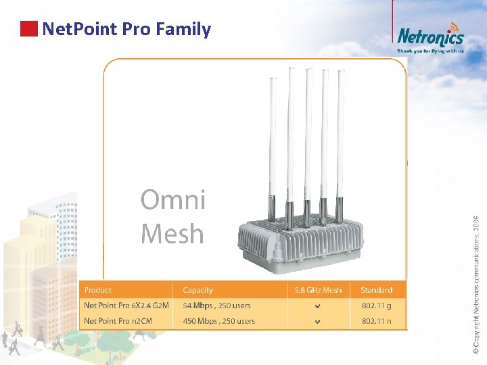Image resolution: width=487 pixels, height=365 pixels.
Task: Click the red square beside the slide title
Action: point(28,28)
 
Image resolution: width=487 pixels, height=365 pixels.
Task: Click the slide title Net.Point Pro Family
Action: point(126,29)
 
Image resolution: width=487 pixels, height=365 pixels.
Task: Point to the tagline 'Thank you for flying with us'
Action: point(430,51)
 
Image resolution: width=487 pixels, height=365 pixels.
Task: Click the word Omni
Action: point(172,200)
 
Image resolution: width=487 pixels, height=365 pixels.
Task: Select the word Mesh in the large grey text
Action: point(172,234)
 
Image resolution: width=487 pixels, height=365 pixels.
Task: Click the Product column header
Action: point(98,290)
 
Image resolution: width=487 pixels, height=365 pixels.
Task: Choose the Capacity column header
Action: point(198,290)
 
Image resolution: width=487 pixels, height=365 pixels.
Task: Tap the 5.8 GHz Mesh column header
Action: point(318,290)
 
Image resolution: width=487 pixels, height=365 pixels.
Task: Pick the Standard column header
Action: point(376,290)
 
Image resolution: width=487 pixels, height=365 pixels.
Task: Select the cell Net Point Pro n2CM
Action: point(118,321)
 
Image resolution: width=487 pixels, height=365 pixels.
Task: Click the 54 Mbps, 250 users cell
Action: point(216,306)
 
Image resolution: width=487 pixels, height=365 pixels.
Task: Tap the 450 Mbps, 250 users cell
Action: point(218,321)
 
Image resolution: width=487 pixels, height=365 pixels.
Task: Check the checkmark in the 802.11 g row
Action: point(318,306)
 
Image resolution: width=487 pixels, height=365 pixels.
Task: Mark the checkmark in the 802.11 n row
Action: point(318,322)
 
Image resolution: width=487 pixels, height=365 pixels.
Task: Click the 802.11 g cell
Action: point(376,306)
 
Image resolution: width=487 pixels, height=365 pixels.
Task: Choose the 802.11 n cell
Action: point(376,321)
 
